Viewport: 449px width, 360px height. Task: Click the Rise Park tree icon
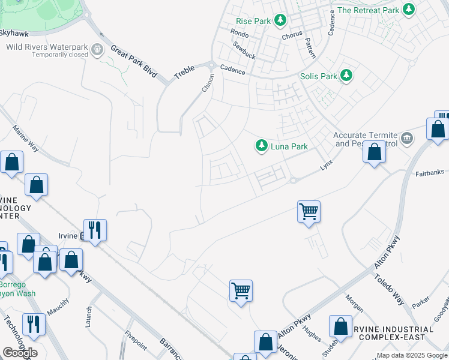click(x=280, y=21)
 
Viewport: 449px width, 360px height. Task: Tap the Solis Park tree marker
click(x=346, y=76)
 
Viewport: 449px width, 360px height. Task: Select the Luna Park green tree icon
click(x=261, y=146)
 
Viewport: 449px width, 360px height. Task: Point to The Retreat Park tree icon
click(x=409, y=10)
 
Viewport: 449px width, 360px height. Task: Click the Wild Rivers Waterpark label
click(x=47, y=47)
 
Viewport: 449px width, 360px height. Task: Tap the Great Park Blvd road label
click(x=133, y=62)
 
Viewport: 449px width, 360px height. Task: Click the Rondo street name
click(x=240, y=33)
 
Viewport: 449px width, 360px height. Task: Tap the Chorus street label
click(x=294, y=35)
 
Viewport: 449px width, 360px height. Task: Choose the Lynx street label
click(x=326, y=164)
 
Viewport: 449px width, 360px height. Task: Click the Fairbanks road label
click(x=429, y=173)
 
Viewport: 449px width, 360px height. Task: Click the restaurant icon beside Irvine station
click(x=95, y=230)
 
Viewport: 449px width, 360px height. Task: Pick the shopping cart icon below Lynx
click(x=309, y=211)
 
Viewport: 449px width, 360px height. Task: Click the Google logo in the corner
click(x=20, y=353)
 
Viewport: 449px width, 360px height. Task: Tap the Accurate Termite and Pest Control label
click(x=366, y=140)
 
